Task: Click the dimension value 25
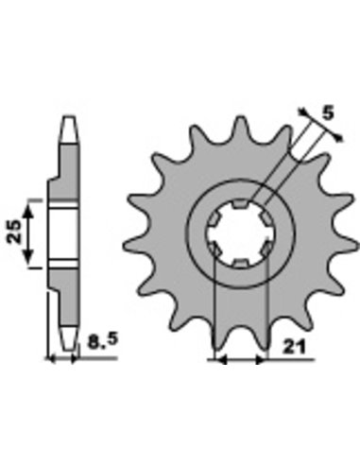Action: [x=14, y=232]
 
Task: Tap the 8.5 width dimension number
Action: [x=103, y=342]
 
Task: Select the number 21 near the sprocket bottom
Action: [x=295, y=347]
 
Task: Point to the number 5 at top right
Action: [x=328, y=113]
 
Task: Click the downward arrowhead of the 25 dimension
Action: [x=28, y=258]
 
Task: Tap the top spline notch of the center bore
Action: [x=240, y=204]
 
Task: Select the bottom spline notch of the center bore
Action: [x=240, y=263]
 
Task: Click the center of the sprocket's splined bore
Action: [x=240, y=233]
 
